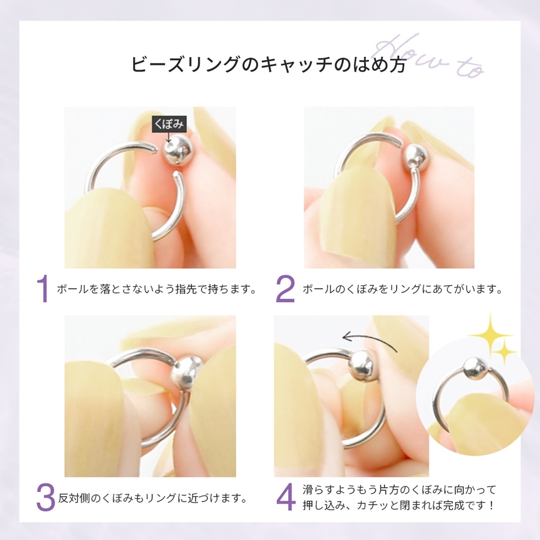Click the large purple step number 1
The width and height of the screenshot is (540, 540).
[43, 289]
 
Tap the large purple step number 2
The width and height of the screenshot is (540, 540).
[285, 289]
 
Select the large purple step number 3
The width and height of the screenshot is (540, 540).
[46, 497]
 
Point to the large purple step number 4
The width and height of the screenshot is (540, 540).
[286, 497]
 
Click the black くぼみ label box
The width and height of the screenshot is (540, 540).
[169, 124]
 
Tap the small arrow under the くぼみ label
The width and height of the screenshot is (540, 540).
[168, 137]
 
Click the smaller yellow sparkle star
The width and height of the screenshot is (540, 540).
[504, 351]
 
